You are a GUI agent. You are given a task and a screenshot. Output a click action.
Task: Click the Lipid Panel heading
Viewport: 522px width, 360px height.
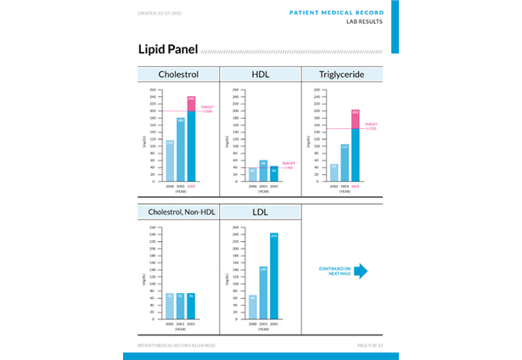(168, 49)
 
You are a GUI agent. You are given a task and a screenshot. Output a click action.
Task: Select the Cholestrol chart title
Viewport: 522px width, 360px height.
(178, 75)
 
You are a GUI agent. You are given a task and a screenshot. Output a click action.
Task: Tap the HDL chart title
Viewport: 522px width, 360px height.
(261, 75)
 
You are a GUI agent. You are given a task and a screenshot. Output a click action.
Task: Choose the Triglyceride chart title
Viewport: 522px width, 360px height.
(342, 75)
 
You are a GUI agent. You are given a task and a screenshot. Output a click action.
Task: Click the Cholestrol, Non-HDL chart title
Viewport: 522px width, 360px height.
(181, 211)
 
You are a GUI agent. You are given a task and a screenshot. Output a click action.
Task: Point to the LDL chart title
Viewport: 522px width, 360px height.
(260, 211)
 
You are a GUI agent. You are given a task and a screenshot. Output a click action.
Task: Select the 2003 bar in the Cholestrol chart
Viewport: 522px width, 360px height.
(180, 149)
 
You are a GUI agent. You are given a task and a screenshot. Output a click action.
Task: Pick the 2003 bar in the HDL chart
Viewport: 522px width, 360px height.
(263, 170)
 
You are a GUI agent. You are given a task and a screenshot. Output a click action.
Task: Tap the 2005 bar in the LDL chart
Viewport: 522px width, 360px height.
(273, 277)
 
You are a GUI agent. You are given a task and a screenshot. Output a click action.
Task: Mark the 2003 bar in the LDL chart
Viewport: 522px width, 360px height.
(263, 294)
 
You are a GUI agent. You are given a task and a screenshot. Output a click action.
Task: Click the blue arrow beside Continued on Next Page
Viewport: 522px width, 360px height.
(360, 271)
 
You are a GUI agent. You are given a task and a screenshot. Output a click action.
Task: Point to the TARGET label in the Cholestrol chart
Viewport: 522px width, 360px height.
(206, 109)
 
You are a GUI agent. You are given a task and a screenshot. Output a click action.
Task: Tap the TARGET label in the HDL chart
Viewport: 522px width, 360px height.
(288, 165)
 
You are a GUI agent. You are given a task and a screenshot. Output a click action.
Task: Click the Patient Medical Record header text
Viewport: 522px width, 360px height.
(336, 13)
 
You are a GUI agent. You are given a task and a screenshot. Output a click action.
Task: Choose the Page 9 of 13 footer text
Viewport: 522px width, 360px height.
(370, 346)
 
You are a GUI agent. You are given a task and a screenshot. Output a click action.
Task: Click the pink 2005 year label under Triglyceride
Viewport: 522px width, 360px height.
(355, 186)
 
